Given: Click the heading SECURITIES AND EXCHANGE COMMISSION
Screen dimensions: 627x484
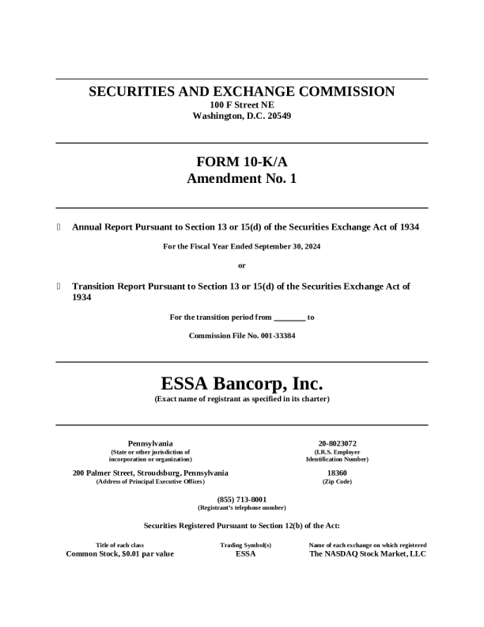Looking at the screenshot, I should (x=242, y=92).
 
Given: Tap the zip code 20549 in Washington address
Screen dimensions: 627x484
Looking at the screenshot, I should (x=276, y=116).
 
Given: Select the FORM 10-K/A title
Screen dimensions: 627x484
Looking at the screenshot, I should (x=242, y=161).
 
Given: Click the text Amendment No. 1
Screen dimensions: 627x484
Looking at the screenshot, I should (x=242, y=179).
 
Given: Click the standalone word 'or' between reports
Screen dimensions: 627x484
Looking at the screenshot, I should (x=242, y=265).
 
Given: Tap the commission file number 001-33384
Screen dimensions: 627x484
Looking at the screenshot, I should (x=270, y=336).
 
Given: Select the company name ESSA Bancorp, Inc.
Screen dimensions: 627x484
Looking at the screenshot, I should (x=242, y=384).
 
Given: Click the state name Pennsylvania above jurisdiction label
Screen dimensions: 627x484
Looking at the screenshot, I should (x=150, y=443).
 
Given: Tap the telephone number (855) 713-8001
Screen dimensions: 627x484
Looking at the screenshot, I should (x=242, y=500).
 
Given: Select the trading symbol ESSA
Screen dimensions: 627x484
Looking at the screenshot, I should (x=246, y=553).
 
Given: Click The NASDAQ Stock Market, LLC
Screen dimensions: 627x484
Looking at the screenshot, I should (x=368, y=553).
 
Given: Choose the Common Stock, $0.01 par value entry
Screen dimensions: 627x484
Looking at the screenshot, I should (x=120, y=553).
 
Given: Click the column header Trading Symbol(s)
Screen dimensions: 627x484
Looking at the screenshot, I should (x=246, y=545).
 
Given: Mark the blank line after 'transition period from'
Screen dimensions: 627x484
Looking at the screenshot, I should (x=289, y=318).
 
